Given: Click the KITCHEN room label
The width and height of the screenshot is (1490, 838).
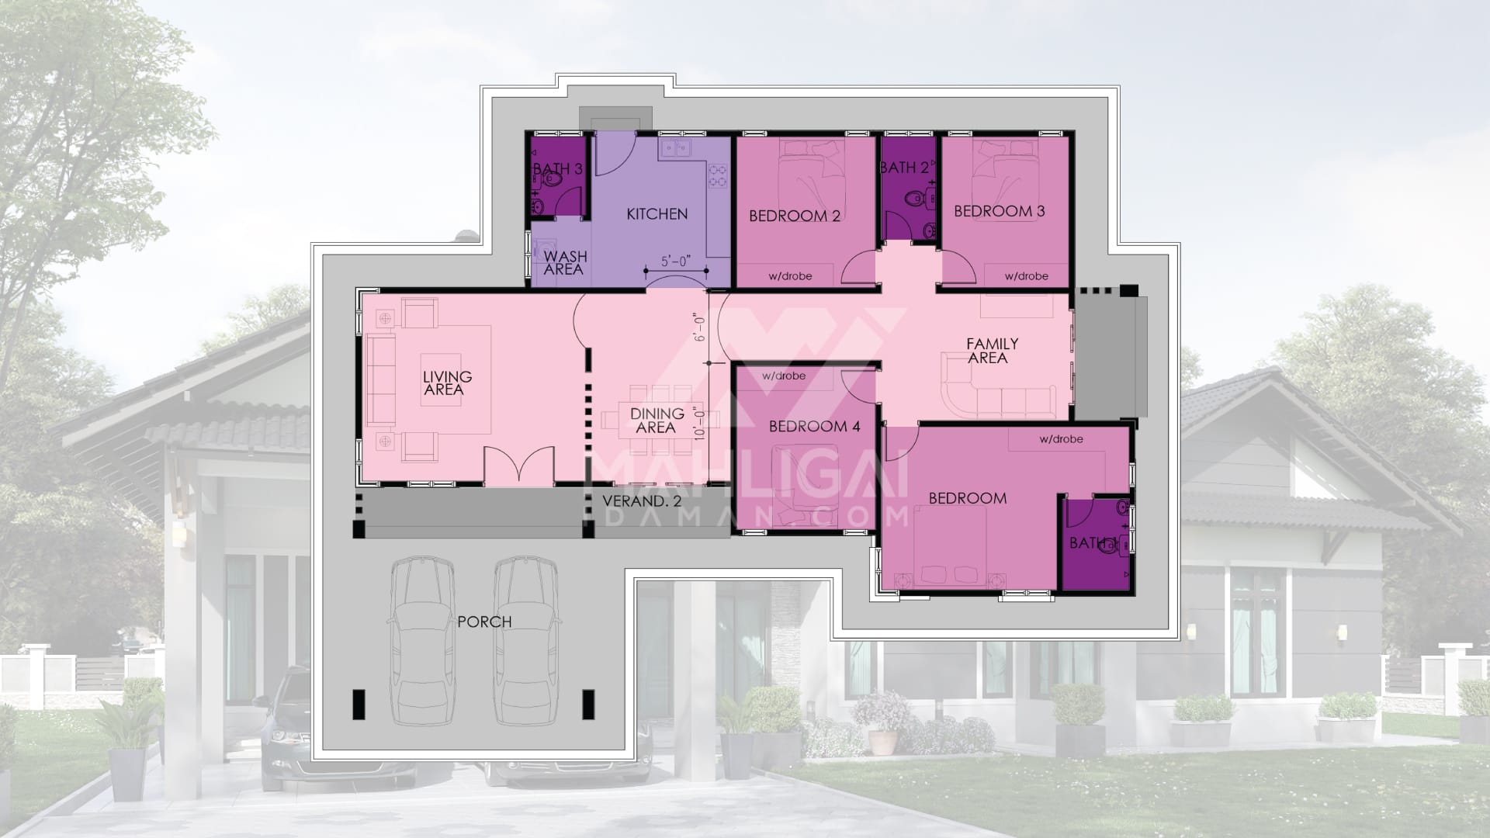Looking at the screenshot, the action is click(x=657, y=213).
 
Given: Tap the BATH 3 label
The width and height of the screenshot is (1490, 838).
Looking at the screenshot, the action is click(x=557, y=168).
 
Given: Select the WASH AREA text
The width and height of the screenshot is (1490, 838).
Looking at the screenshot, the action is click(x=565, y=263).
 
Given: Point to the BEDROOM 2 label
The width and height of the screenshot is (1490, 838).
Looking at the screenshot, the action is click(x=794, y=216).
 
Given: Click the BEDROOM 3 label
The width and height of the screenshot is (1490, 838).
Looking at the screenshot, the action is click(x=999, y=211).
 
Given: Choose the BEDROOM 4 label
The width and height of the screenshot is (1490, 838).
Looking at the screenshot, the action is click(x=814, y=426).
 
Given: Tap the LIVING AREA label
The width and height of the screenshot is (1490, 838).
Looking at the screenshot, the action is click(x=446, y=383).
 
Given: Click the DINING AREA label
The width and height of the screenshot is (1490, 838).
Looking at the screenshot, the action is click(x=657, y=421).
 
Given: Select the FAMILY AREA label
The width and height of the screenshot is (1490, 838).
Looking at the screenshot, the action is click(x=991, y=351).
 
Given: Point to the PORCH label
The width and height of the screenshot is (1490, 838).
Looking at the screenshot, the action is click(x=484, y=622).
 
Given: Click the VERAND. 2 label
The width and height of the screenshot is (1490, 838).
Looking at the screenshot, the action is click(x=643, y=501).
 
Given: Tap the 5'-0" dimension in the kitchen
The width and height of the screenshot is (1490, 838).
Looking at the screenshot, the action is click(x=675, y=261).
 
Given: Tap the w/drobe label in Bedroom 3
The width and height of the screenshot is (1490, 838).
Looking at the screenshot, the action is click(x=1026, y=275).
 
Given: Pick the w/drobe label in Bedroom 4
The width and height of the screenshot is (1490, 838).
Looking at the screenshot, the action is click(x=784, y=376).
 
